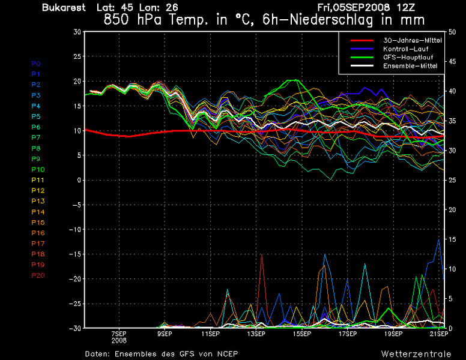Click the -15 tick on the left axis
pyautogui.click(x=74, y=254)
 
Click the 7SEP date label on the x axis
pyautogui.click(x=118, y=334)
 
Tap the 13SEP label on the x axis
pyautogui.click(x=256, y=334)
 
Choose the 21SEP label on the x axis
pyautogui.click(x=440, y=334)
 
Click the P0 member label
pyautogui.click(x=35, y=63)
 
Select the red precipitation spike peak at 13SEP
pyautogui.click(x=262, y=255)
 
